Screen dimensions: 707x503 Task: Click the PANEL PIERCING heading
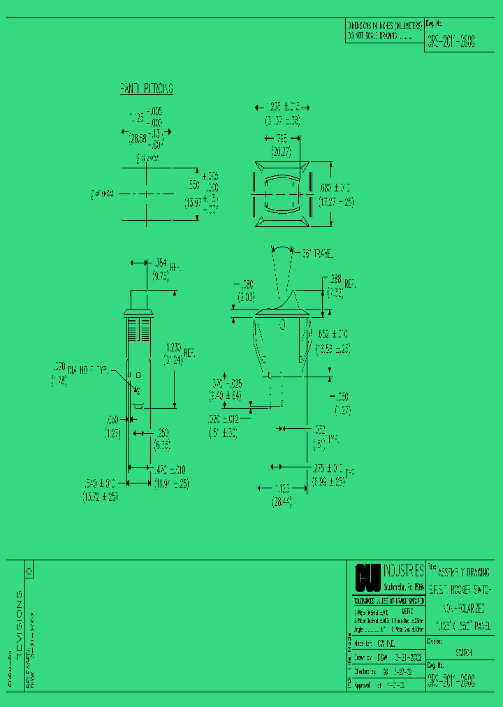[146, 89]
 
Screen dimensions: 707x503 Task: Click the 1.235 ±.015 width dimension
[282, 107]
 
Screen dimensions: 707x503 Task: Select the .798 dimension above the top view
[282, 138]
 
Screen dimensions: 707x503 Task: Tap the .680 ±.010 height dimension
[336, 188]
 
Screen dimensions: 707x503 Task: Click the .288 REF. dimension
[342, 284]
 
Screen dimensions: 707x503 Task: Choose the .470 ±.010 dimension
[170, 469]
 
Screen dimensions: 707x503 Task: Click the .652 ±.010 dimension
[333, 334]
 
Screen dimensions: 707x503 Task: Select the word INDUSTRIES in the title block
[403, 571]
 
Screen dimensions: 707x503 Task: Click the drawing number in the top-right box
[451, 41]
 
